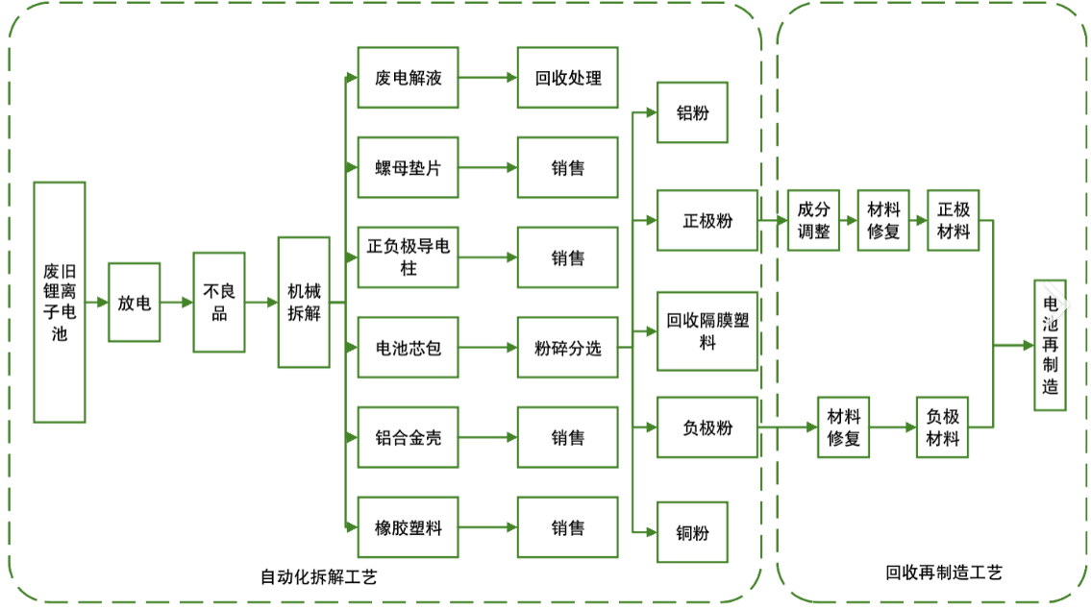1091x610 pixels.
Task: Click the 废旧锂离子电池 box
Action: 60,302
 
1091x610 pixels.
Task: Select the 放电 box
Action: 135,302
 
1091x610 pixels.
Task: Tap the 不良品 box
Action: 219,302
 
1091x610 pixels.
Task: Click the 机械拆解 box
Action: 304,302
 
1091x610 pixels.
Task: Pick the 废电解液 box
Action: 408,78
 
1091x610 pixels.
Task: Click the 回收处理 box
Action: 567,78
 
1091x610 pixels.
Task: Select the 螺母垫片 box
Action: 408,167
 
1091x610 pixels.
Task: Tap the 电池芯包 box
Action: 408,347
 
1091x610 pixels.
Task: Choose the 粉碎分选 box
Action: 567,347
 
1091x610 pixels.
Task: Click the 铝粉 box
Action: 692,112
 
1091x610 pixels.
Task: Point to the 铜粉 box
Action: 692,530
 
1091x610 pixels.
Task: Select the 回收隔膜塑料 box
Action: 707,330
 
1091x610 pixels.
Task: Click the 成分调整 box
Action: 813,220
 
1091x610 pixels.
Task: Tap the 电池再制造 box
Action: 1050,345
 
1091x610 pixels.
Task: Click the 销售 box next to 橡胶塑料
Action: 567,527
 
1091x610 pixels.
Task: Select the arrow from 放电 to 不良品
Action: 177,302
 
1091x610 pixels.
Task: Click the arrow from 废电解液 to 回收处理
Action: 487,78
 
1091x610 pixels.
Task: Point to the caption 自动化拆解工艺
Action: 319,576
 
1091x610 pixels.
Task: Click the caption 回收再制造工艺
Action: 944,573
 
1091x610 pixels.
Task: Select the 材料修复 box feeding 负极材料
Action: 843,427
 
